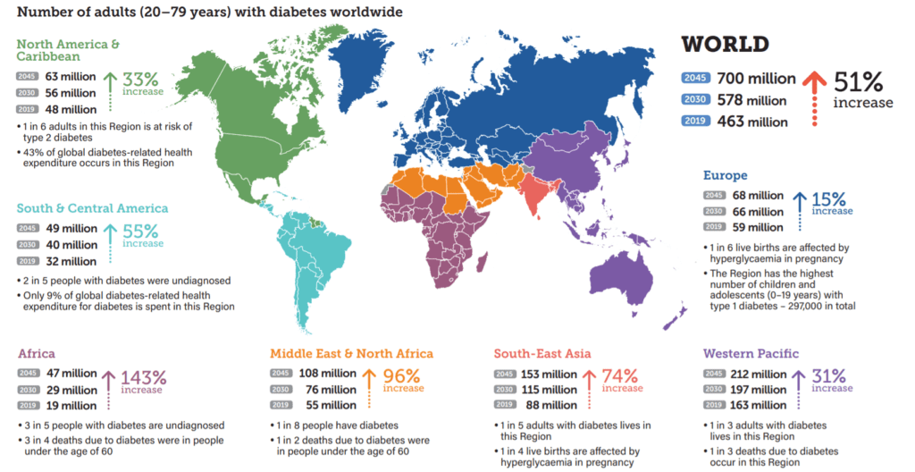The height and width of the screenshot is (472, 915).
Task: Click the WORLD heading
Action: [725, 44]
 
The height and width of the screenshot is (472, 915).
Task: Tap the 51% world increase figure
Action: [858, 81]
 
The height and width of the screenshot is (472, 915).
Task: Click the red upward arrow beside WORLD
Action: [812, 94]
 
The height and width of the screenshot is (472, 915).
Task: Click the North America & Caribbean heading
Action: [68, 50]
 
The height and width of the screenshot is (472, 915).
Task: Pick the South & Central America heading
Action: [92, 208]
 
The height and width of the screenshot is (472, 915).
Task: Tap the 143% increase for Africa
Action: [143, 376]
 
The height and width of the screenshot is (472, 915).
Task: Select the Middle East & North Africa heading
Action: [351, 353]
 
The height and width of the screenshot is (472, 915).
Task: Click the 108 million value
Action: [327, 373]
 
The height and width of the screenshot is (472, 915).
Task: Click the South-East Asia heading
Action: [542, 353]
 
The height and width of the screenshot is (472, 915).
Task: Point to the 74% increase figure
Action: [619, 375]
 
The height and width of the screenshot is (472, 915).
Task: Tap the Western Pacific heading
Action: [751, 353]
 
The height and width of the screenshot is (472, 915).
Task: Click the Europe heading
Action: [725, 175]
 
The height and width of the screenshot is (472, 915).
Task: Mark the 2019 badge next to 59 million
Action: [714, 228]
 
